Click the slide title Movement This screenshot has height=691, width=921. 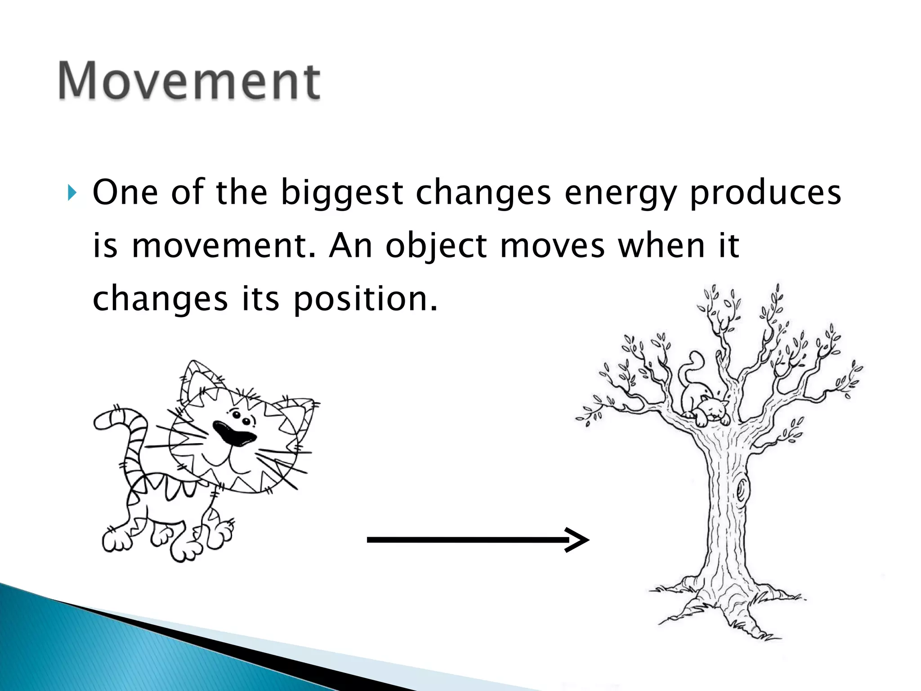click(x=189, y=81)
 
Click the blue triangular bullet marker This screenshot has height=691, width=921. click(x=72, y=193)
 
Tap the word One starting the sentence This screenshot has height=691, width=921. click(x=125, y=193)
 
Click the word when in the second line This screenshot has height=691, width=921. click(x=661, y=247)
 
